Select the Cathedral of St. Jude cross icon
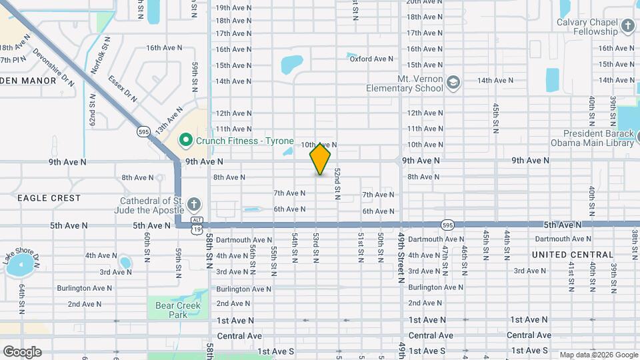(x=193, y=205)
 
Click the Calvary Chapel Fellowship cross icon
(x=627, y=26)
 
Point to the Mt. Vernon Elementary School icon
(x=453, y=82)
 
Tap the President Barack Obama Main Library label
(x=592, y=137)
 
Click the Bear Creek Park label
(x=168, y=309)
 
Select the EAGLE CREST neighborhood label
(x=49, y=198)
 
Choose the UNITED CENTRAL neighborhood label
(x=573, y=255)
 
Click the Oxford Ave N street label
(x=371, y=59)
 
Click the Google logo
(x=22, y=351)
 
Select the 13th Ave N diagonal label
(x=169, y=121)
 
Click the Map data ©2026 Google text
(x=598, y=355)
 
